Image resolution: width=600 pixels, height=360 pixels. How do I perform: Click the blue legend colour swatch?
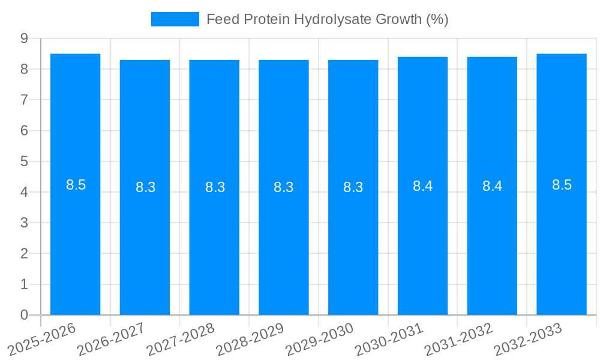click(x=175, y=19)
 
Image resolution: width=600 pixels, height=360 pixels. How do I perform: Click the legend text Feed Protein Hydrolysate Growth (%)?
click(x=327, y=19)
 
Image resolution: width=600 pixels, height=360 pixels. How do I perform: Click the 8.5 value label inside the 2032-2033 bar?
click(x=562, y=185)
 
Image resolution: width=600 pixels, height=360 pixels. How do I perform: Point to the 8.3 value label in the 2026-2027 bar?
click(x=145, y=187)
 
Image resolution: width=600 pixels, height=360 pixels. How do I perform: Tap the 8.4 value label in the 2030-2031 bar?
click(x=422, y=186)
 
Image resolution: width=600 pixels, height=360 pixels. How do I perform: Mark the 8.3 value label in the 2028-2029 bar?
click(x=283, y=187)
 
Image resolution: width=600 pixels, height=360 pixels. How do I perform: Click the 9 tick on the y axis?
click(x=24, y=38)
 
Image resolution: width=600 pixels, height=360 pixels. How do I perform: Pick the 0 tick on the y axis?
click(x=24, y=315)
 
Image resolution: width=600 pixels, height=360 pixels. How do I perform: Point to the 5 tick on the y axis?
click(x=24, y=161)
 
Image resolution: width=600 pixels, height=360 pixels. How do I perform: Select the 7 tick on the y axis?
click(x=24, y=100)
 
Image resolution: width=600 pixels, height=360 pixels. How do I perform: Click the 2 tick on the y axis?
click(x=24, y=253)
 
